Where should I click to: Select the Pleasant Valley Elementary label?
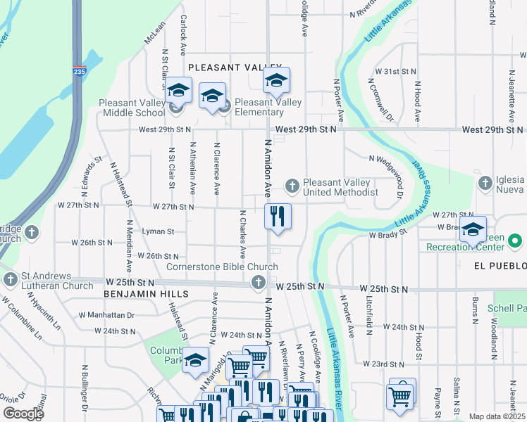(x=258, y=107)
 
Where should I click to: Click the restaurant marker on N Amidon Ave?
(x=278, y=217)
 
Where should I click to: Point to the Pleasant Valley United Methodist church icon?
(x=292, y=186)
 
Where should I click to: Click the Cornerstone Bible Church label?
(x=222, y=267)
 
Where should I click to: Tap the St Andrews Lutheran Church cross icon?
(x=10, y=280)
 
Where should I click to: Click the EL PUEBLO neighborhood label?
(x=501, y=266)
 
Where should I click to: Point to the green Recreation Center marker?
(x=515, y=242)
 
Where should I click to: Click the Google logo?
(x=23, y=414)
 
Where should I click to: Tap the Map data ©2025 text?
(x=497, y=416)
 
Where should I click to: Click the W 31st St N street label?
(x=396, y=72)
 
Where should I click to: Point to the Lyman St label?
(x=157, y=231)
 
